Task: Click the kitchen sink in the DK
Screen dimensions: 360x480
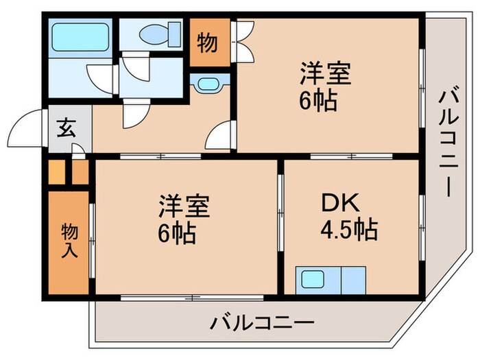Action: [313, 280]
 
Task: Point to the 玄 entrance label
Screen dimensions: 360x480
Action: [65, 128]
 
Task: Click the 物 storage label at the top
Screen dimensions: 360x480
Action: [208, 43]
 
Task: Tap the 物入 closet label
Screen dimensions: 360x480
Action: [69, 239]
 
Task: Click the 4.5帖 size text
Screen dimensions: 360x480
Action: [350, 230]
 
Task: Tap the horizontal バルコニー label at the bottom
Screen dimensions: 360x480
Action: [263, 321]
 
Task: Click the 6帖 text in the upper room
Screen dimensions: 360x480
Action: [317, 101]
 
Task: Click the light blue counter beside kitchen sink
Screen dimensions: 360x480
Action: [355, 280]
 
